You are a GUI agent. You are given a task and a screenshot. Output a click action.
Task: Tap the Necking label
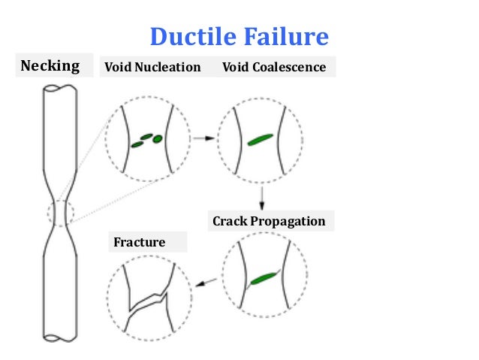[50, 65]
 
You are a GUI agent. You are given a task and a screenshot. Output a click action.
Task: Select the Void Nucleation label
[152, 67]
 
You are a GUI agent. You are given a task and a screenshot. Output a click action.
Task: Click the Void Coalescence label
[274, 67]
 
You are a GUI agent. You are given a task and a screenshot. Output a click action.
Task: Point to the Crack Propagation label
[269, 221]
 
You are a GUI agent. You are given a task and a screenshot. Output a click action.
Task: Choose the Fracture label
[139, 242]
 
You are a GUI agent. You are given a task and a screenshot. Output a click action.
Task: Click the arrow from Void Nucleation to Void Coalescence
[201, 138]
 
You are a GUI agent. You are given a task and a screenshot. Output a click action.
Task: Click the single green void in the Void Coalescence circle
[260, 140]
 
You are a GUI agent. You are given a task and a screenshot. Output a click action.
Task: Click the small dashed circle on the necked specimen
[61, 213]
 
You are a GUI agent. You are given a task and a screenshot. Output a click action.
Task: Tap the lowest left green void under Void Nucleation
[137, 144]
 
